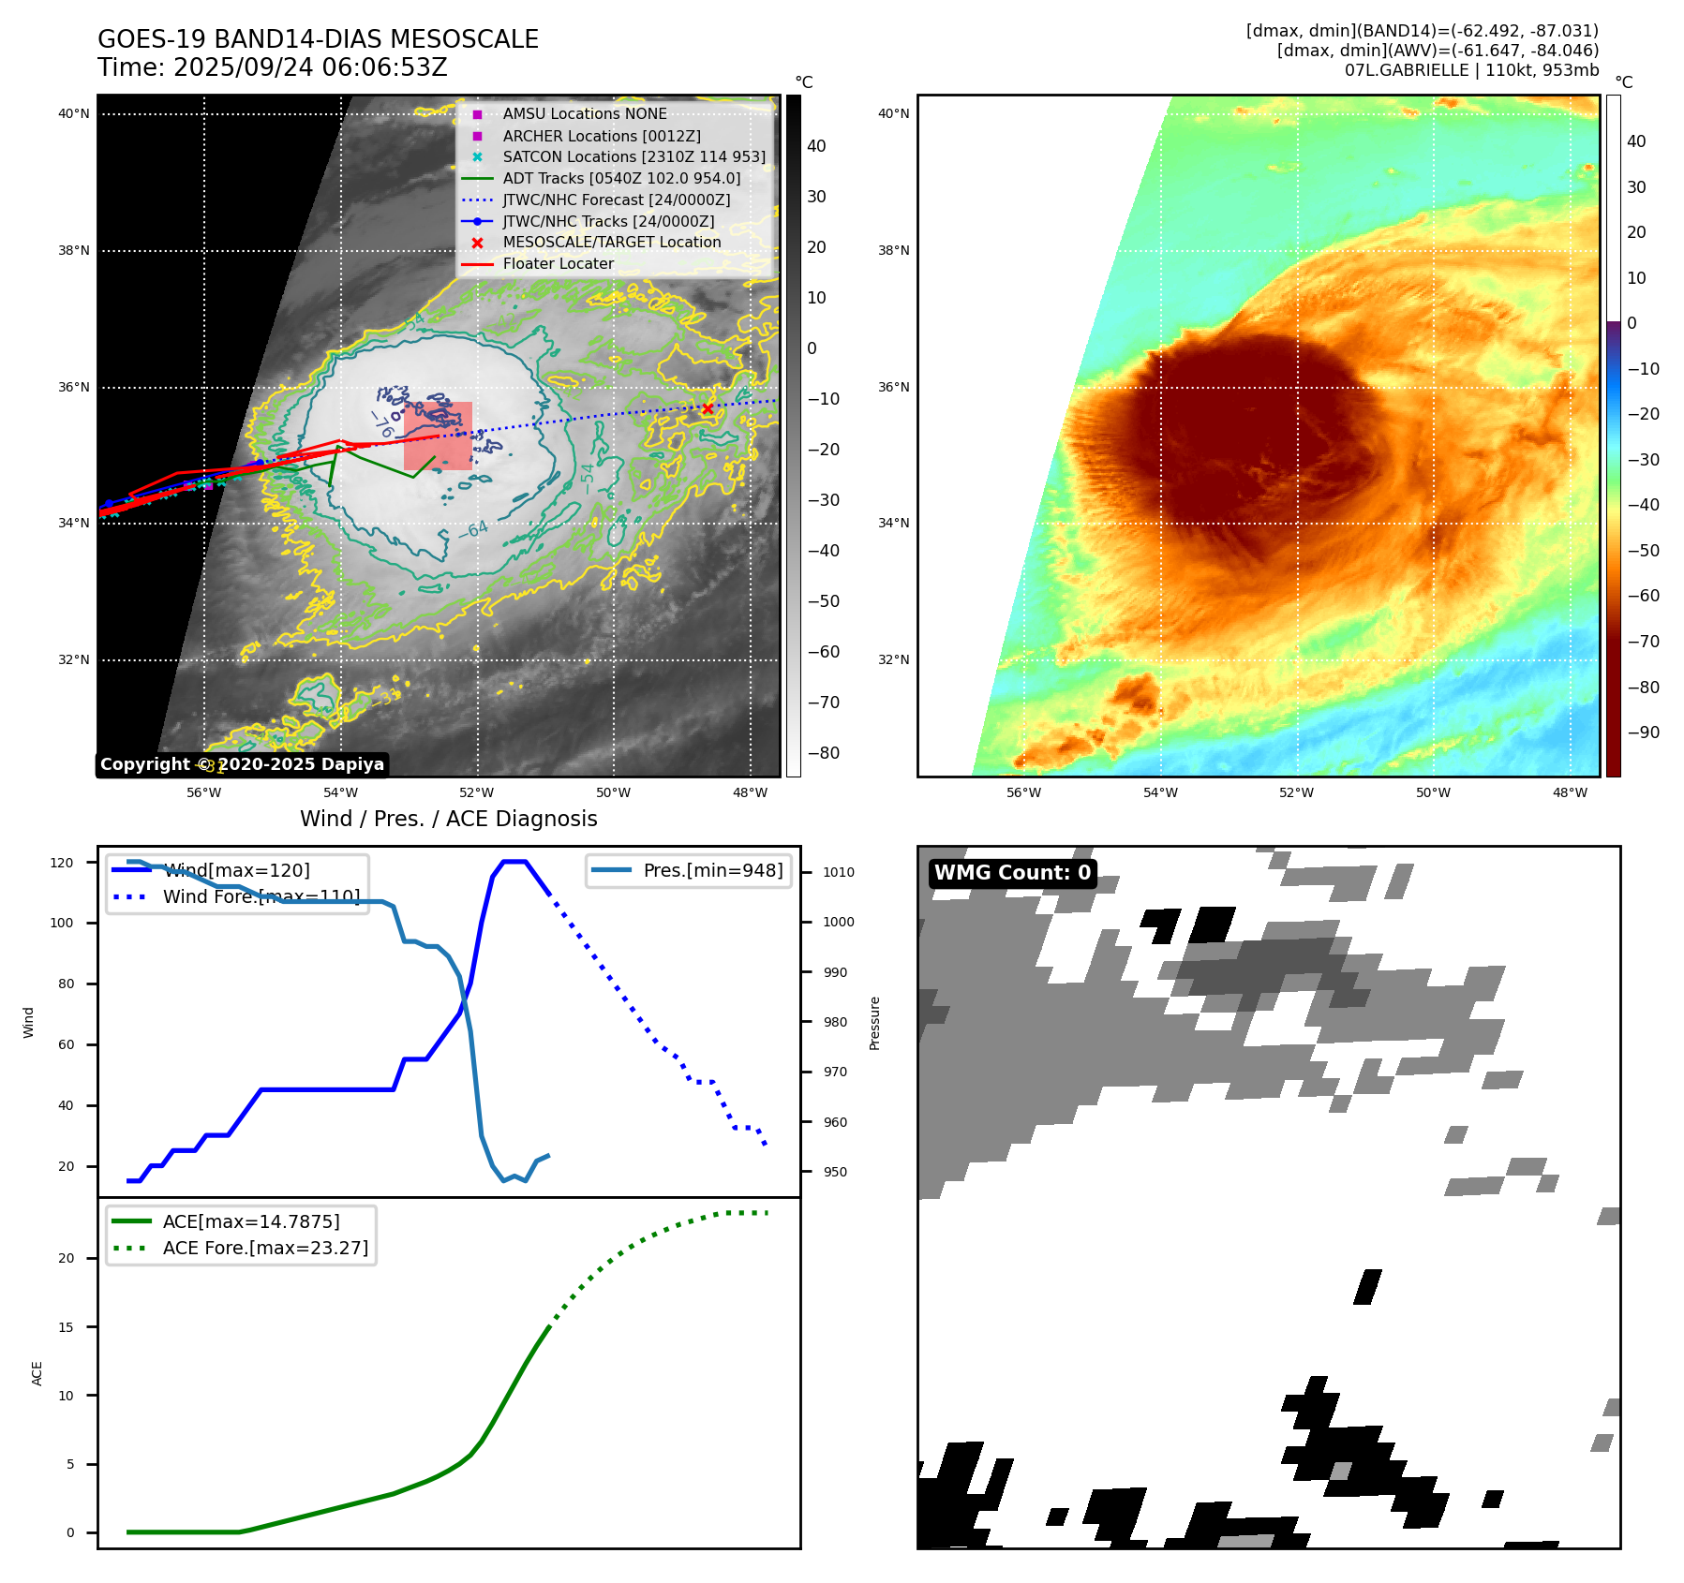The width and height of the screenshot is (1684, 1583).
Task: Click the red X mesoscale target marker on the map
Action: [x=708, y=408]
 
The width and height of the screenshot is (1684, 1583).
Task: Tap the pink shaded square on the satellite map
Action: [x=438, y=436]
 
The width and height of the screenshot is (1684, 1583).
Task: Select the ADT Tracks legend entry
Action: [x=620, y=178]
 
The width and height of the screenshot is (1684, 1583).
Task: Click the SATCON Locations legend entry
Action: [x=633, y=156]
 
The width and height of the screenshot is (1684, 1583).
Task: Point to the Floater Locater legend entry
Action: [x=558, y=264]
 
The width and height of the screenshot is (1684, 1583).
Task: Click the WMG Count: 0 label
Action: [x=1012, y=873]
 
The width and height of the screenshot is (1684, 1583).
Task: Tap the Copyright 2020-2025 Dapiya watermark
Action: [x=242, y=764]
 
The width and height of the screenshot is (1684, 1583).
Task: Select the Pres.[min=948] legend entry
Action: [x=712, y=870]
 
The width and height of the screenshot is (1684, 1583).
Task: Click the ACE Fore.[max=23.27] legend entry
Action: [x=265, y=1248]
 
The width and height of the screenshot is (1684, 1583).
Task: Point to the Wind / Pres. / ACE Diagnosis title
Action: [x=448, y=819]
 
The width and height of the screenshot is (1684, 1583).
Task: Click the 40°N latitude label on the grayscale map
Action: [x=74, y=114]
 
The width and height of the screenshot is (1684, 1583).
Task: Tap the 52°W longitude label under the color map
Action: [x=1296, y=792]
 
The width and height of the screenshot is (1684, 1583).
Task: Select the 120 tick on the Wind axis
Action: [x=62, y=863]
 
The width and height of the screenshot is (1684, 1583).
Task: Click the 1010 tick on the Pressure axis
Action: [x=839, y=872]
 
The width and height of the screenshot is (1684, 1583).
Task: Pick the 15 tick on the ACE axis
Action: [x=66, y=1326]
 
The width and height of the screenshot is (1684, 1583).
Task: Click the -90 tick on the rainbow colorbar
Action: [x=1643, y=732]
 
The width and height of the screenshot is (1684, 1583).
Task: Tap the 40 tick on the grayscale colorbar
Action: [x=816, y=146]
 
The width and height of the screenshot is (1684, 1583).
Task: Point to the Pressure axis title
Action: [x=874, y=1023]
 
